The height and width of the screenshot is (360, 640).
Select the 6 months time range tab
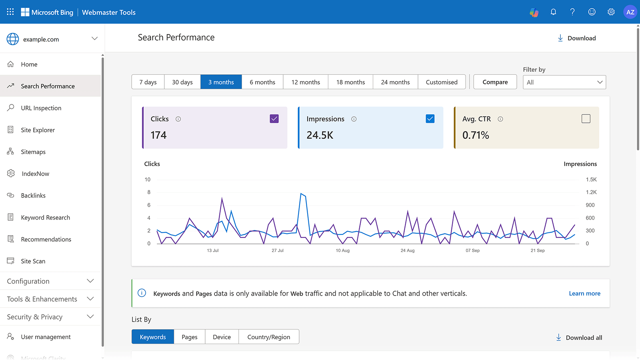point(262,82)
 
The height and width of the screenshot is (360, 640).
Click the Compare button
point(495,82)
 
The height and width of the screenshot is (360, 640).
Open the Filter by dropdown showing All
point(564,82)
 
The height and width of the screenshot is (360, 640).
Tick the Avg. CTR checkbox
point(586,119)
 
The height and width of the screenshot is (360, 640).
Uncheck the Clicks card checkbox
point(274,119)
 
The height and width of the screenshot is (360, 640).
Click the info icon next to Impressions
point(354,119)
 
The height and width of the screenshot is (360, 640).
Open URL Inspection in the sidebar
point(41,108)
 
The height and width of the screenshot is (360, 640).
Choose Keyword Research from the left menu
point(45,217)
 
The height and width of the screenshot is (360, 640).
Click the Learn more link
point(584,293)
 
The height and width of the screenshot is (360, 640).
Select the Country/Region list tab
point(268,337)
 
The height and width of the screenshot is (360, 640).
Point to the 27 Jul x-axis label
point(278,250)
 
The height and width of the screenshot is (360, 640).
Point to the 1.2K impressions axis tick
point(591,192)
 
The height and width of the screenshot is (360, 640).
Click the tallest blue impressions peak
point(301,194)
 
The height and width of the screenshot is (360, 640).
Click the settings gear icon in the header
point(611,12)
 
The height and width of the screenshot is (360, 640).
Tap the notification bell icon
point(553,12)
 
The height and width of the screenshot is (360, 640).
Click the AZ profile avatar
point(630,12)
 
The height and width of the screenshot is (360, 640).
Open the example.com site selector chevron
point(94,39)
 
